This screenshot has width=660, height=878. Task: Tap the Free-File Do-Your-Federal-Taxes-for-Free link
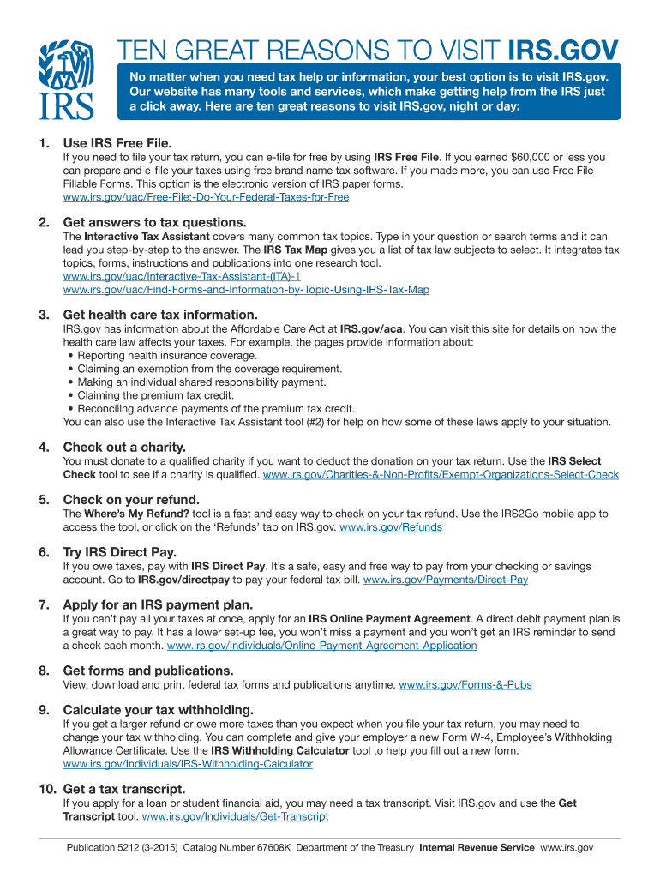[206, 197]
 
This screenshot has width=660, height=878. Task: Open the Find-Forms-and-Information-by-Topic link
[246, 290]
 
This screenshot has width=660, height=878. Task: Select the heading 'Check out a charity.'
[124, 447]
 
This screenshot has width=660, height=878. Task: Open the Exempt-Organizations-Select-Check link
[441, 474]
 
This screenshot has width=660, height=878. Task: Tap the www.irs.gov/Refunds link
[391, 527]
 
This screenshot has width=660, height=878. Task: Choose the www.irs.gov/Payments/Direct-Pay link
[446, 580]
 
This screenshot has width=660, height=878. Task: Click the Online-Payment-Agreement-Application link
[321, 646]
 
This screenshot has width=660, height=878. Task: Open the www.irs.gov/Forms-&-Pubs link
[465, 685]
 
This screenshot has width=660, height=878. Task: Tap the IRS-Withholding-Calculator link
[188, 763]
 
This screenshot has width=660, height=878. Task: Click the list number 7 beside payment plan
[43, 604]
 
